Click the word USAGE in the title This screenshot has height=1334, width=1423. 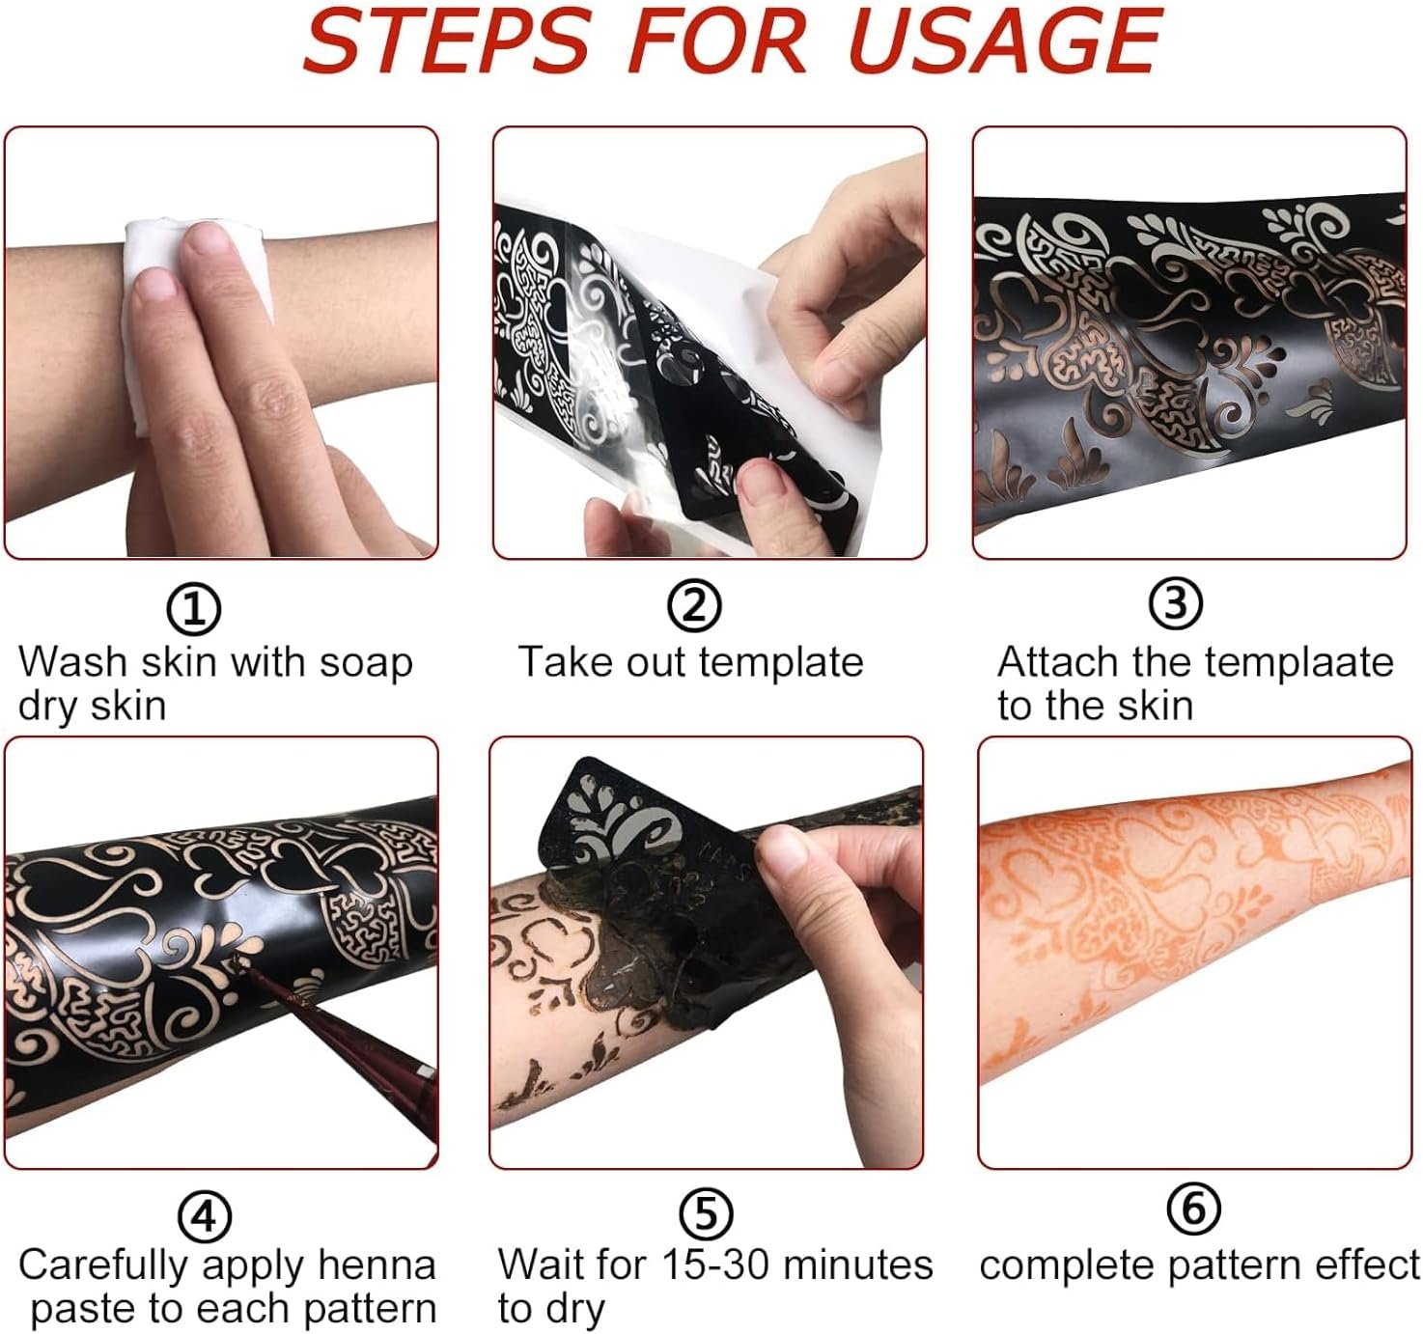point(1008,42)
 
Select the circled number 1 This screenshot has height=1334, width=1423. point(193,609)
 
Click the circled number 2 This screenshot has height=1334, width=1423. point(693,606)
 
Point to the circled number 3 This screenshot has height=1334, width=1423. point(1175,603)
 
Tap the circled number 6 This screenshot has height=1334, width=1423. point(1193,1209)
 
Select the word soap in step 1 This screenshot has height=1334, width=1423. point(366,664)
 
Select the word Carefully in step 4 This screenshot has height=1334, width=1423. point(102,1266)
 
